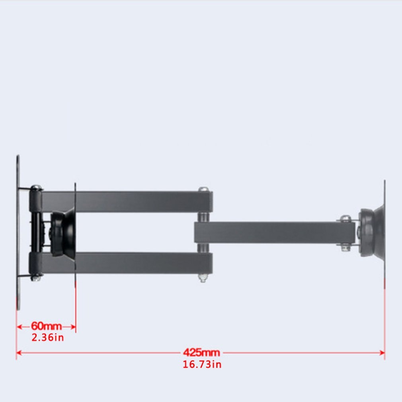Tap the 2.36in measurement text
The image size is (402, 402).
click(48, 338)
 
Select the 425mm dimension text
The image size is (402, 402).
click(201, 353)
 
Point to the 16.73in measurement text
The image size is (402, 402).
click(202, 364)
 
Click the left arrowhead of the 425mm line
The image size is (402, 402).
click(18, 353)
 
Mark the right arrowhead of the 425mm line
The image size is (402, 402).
click(382, 353)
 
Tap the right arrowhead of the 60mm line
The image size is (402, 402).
click(73, 327)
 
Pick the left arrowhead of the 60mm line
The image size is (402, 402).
click(19, 327)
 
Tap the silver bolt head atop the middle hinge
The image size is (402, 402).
click(203, 189)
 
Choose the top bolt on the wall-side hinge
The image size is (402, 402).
click(36, 187)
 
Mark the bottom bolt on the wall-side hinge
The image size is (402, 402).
click(36, 277)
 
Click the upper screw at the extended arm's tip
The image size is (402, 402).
click(345, 219)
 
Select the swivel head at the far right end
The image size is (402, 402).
click(372, 232)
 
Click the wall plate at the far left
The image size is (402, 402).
click(18, 232)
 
